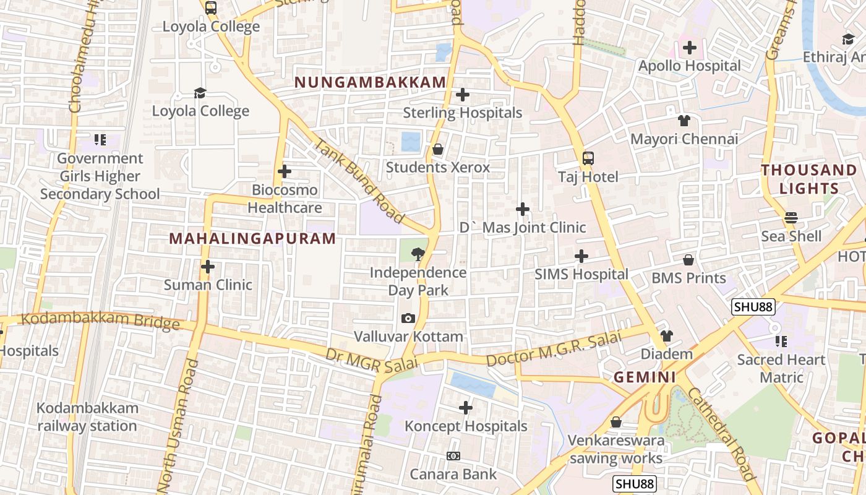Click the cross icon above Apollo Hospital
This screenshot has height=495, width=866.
[x=689, y=48]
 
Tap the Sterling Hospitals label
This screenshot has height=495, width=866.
[x=462, y=113]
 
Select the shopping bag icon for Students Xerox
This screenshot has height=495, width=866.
[x=438, y=149]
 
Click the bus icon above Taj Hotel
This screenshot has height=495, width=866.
[x=588, y=158]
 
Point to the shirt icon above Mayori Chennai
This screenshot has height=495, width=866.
[x=684, y=121]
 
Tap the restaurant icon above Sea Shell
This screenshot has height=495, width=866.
[x=791, y=218]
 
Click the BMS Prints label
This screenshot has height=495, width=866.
[x=688, y=278]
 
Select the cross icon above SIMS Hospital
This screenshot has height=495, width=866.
[x=581, y=256]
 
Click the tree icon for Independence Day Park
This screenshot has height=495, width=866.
[x=418, y=253]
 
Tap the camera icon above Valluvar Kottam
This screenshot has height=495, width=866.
[x=408, y=318]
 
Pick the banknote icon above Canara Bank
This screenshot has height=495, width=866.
[x=453, y=456]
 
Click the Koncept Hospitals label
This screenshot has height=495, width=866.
[x=466, y=426]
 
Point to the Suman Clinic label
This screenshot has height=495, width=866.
[x=208, y=285]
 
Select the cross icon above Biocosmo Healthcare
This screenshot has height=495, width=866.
[x=285, y=171]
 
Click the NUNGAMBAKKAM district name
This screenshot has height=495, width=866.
[x=370, y=82]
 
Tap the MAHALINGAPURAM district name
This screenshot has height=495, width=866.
[x=252, y=238]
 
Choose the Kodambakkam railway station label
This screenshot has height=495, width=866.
[x=87, y=417]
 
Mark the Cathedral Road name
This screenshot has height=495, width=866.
[x=721, y=433]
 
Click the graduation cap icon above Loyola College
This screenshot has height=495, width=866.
[x=200, y=93]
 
